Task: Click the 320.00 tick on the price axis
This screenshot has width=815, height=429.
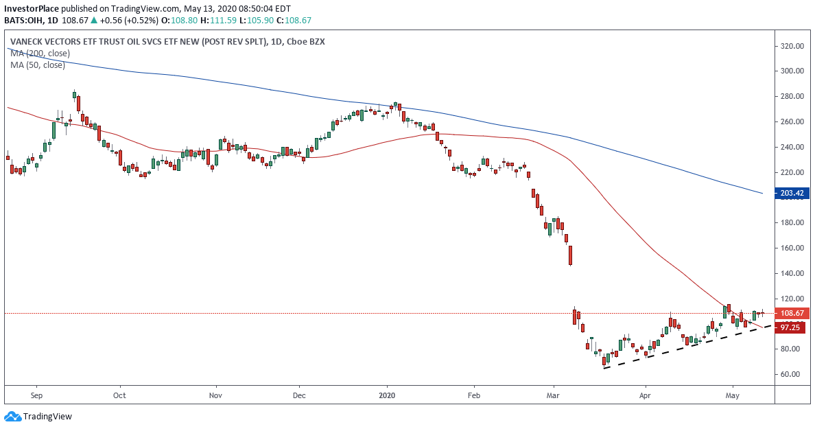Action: (792, 46)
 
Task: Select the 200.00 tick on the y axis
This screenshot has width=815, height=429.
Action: (792, 198)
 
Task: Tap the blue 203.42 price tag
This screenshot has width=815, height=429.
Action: (792, 194)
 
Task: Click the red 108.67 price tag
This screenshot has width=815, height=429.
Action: (792, 313)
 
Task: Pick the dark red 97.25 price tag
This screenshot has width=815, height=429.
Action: (792, 328)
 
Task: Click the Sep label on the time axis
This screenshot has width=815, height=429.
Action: (37, 395)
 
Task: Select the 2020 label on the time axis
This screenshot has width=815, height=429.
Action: (387, 395)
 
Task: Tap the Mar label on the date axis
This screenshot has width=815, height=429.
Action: (553, 395)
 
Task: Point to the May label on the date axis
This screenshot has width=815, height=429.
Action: (733, 395)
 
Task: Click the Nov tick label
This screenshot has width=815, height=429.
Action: (215, 395)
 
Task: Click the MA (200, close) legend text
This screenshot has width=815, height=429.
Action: (40, 54)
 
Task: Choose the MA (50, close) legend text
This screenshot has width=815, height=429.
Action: (38, 65)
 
